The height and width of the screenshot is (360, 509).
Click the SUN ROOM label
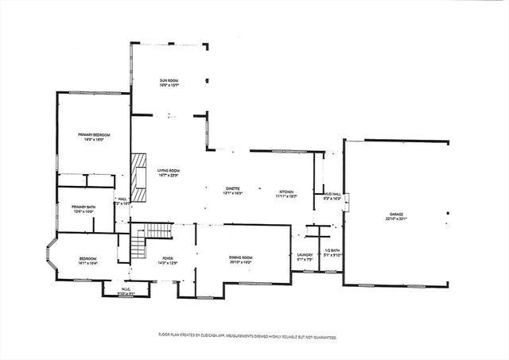tap(168, 80)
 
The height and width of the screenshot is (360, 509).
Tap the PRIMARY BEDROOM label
tap(93, 135)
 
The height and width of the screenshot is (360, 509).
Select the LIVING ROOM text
tap(168, 170)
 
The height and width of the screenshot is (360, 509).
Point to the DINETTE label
tap(233, 188)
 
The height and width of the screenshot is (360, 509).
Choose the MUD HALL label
tap(332, 194)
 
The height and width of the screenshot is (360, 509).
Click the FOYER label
tap(168, 257)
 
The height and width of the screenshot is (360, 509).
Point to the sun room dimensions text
tap(168, 85)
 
